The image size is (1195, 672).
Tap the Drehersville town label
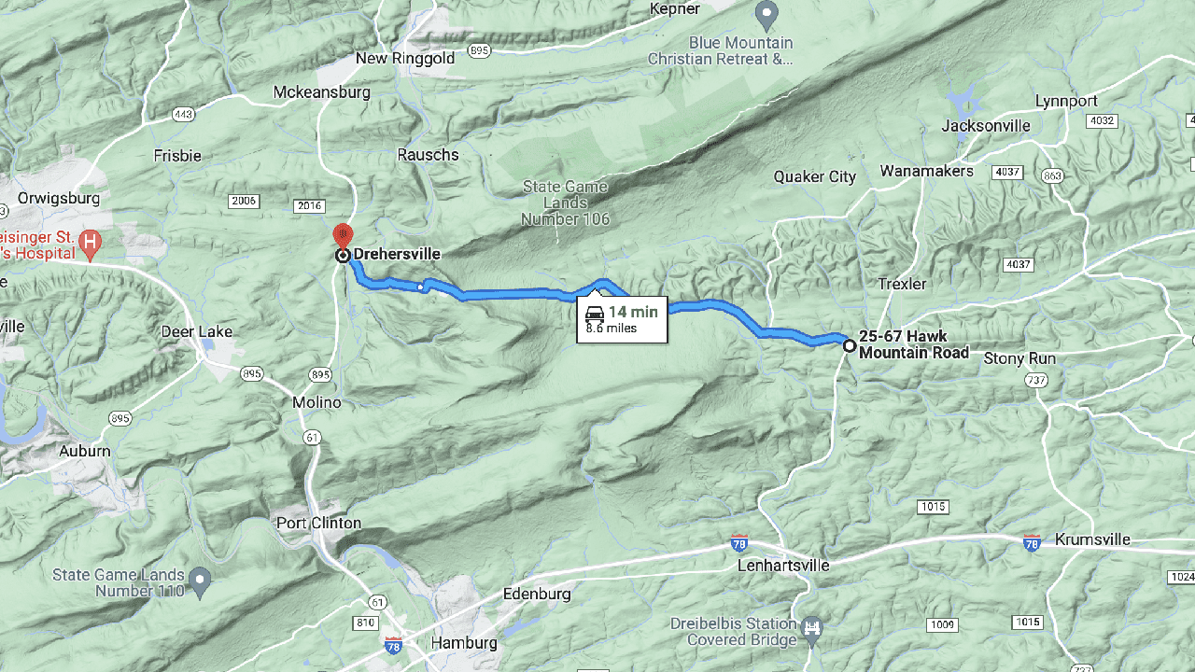click(x=397, y=254)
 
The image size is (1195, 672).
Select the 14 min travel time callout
click(x=622, y=319)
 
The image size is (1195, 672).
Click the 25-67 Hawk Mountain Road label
click(x=913, y=344)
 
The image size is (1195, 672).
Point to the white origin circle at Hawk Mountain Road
click(x=849, y=346)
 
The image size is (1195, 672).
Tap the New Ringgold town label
click(x=405, y=59)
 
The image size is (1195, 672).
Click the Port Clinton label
click(x=318, y=523)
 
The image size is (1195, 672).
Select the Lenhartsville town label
click(x=783, y=565)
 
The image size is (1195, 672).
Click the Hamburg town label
click(x=464, y=642)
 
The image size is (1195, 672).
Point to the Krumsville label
click(x=1092, y=539)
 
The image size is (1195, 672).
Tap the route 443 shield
click(x=182, y=115)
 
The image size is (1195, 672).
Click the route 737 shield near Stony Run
click(x=1035, y=380)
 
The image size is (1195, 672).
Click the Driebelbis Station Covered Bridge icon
click(x=812, y=623)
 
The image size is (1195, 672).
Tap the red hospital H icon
click(x=90, y=245)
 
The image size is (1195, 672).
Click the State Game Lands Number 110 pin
click(x=199, y=581)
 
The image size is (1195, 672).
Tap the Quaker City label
click(x=815, y=176)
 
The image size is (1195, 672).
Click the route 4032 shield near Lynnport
click(x=1103, y=121)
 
